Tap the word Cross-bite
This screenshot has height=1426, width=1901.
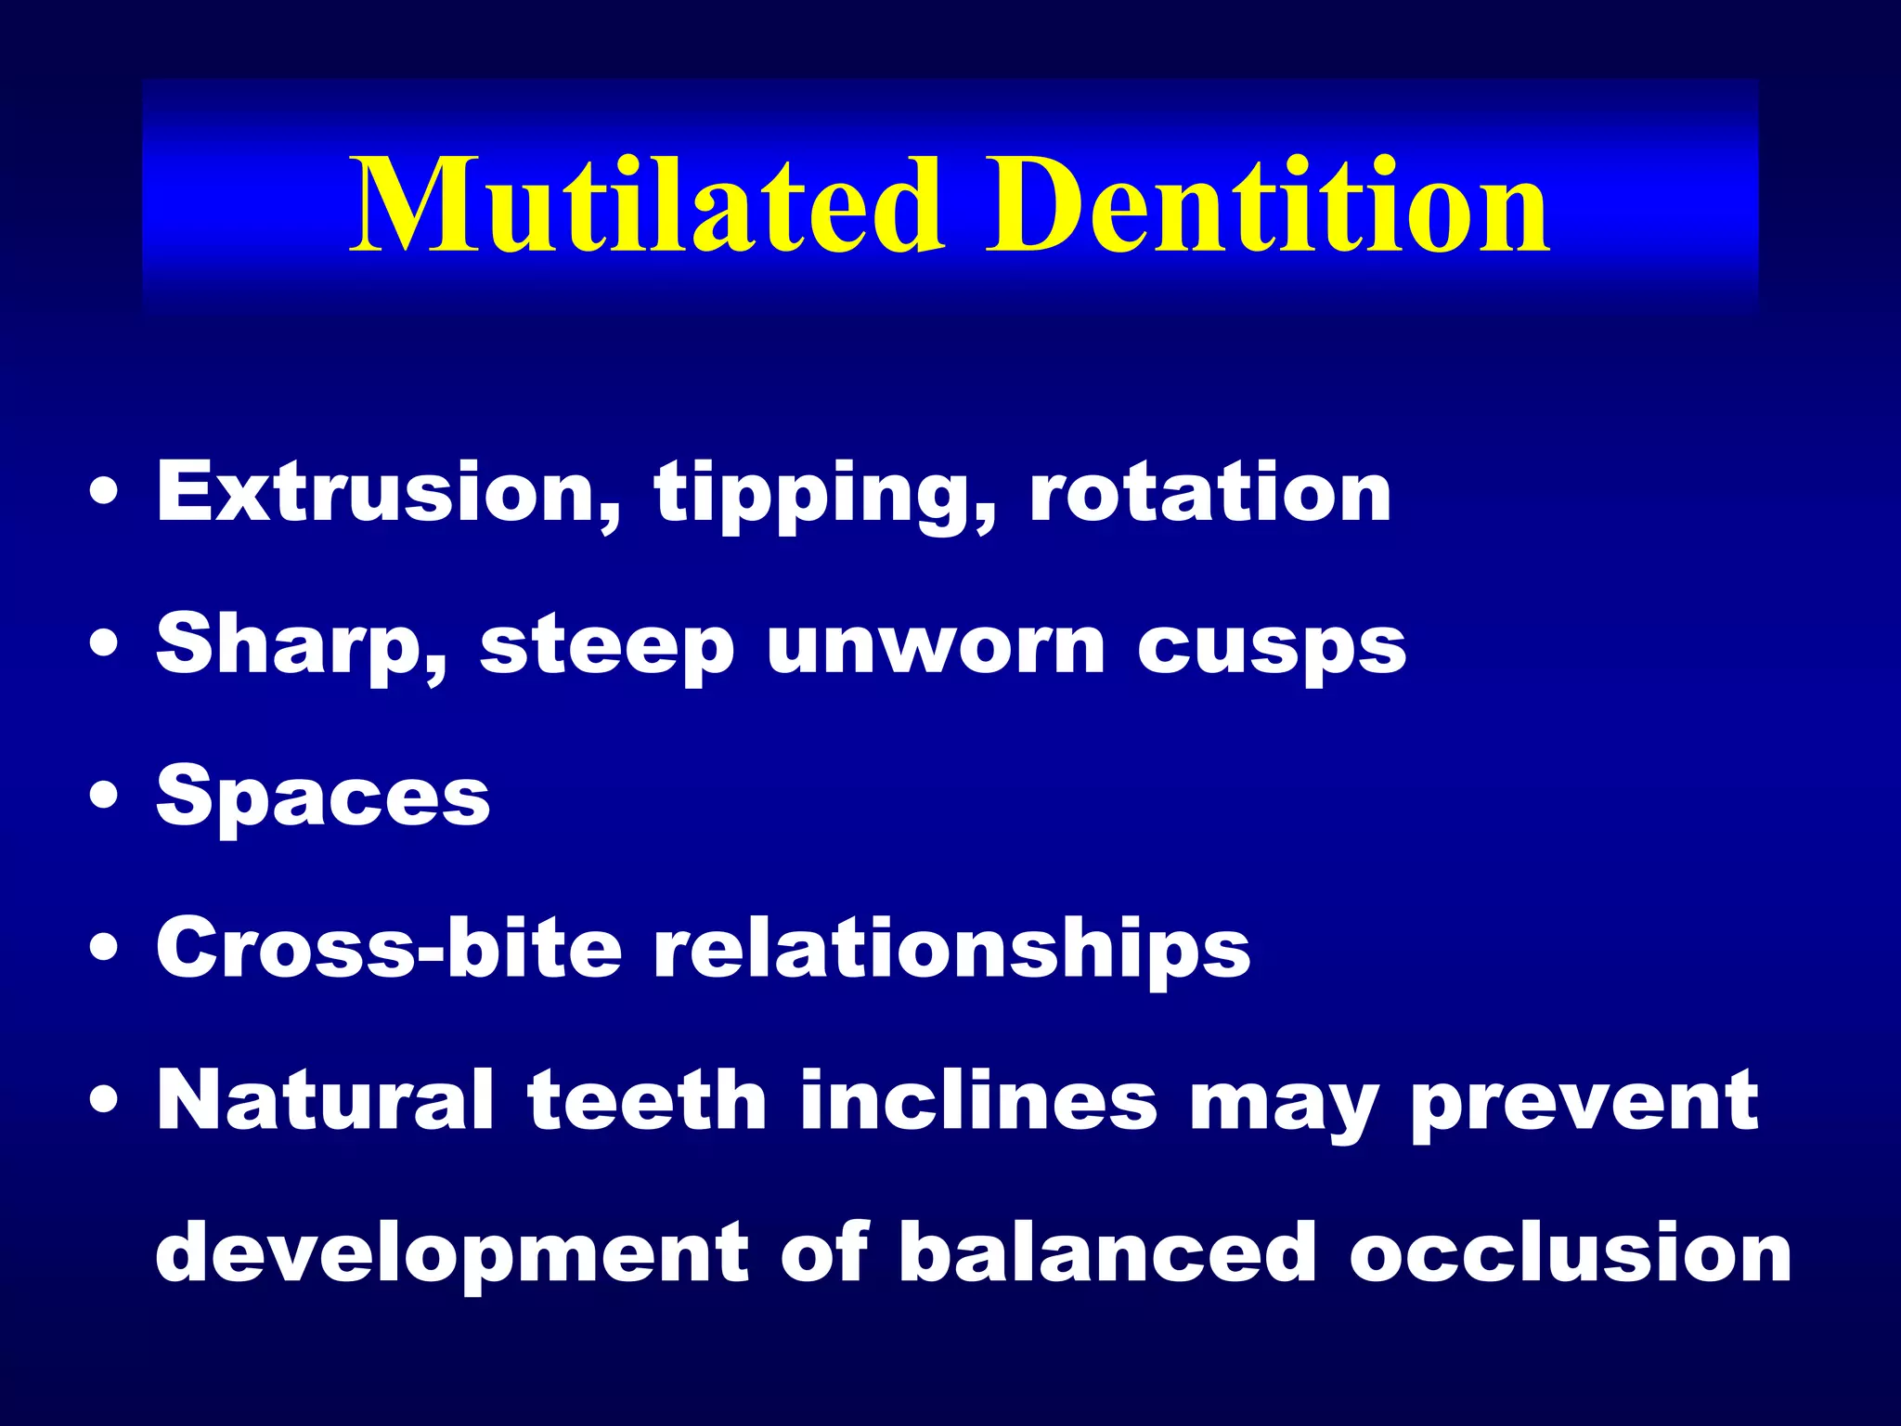pos(389,949)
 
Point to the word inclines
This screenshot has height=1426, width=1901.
pos(978,1101)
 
